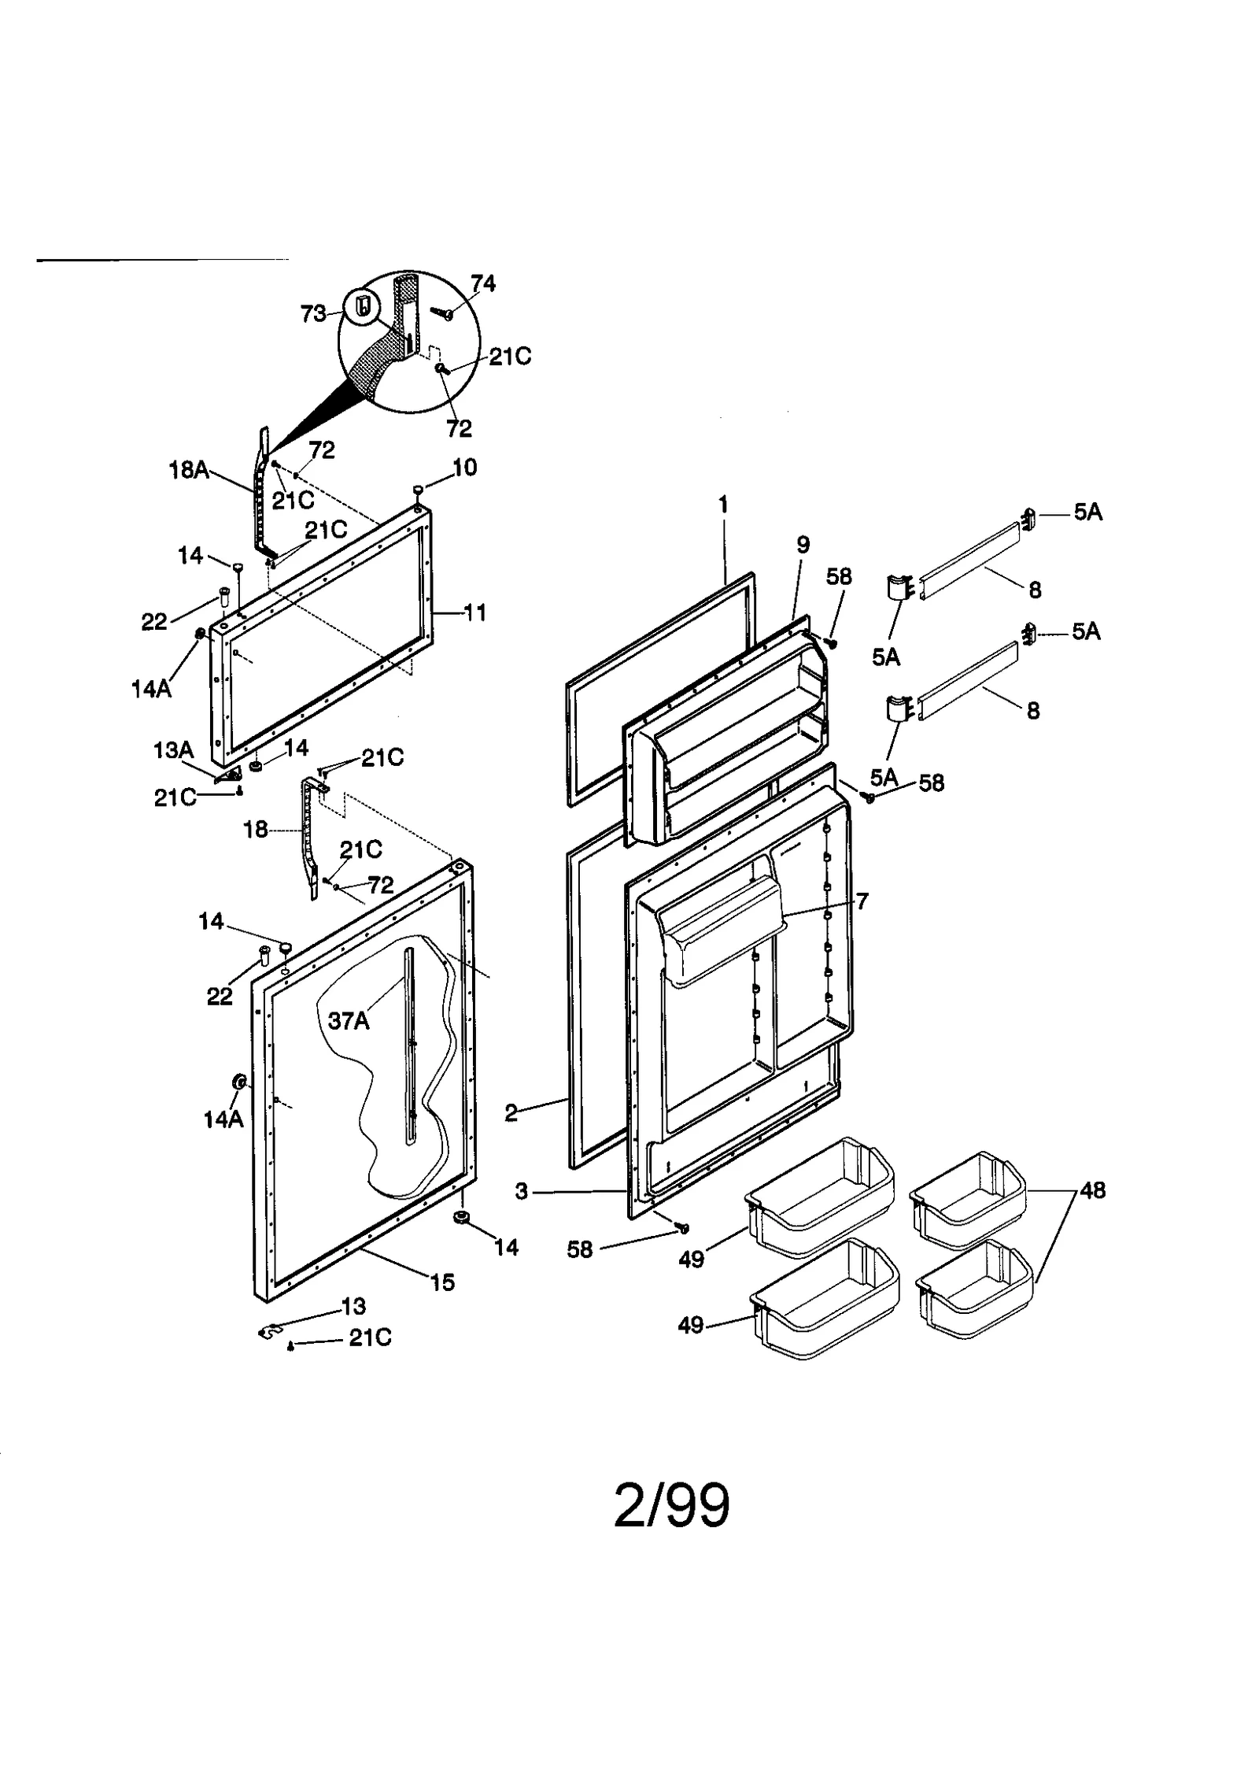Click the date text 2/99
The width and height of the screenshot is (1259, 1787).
tap(671, 1505)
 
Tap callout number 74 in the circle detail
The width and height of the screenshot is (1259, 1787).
tap(482, 283)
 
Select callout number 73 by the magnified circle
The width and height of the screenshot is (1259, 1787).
tap(313, 313)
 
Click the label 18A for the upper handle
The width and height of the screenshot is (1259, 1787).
tap(189, 470)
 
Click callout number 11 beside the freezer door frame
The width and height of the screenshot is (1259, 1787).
tap(474, 612)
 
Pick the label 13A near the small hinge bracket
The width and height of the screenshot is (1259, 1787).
tap(173, 750)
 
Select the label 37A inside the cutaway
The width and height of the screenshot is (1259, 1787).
tap(348, 1021)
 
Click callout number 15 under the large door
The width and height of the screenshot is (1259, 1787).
tap(442, 1282)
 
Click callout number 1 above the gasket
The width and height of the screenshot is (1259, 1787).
tap(723, 505)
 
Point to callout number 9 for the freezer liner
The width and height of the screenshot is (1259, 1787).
tap(803, 545)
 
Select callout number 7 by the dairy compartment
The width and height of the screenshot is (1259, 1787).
tap(862, 901)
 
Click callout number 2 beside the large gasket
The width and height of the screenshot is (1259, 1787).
tap(511, 1113)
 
